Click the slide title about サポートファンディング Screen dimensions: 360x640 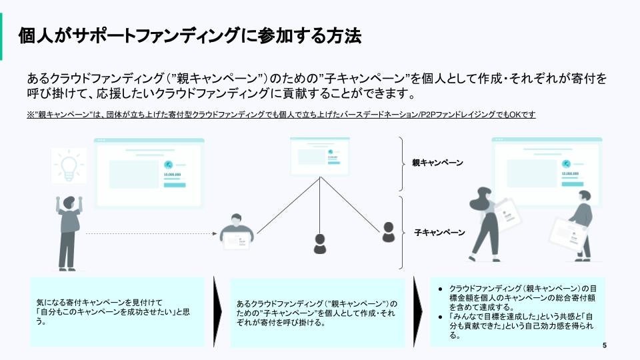(190, 35)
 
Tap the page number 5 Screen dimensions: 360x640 (604, 345)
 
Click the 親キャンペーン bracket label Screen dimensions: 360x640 (437, 163)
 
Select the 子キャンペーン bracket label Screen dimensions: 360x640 (439, 233)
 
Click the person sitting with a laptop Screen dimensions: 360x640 (237, 231)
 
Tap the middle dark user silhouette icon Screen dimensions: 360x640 (321, 243)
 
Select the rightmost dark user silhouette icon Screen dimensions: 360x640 (389, 232)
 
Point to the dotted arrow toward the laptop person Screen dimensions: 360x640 (153, 233)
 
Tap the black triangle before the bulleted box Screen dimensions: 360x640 (419, 311)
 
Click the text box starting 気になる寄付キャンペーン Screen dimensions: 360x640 (117, 311)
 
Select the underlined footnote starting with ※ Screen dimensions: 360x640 (281, 115)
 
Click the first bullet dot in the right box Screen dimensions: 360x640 (440, 287)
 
